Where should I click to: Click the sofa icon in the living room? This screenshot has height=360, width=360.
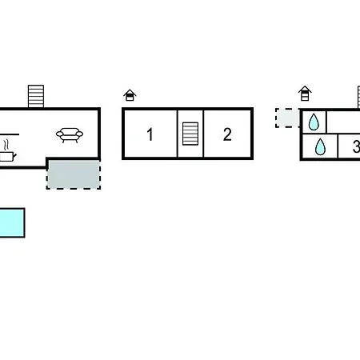tap(70, 135)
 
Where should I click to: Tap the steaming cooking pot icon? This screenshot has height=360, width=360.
tap(7, 156)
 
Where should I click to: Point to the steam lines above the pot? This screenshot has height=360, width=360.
tap(6, 145)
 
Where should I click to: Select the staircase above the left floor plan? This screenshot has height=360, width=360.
tap(36, 96)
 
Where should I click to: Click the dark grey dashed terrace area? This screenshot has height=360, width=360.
tap(74, 174)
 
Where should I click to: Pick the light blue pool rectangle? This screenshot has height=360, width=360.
tap(12, 222)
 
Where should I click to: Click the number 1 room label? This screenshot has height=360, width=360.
tap(150, 134)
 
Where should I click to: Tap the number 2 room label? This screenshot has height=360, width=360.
tap(227, 134)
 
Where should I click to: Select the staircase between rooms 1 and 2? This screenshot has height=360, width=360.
tap(190, 134)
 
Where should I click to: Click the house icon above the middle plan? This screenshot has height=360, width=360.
tap(130, 95)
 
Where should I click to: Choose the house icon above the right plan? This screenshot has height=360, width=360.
tap(305, 94)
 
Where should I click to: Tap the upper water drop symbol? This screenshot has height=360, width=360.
tap(314, 122)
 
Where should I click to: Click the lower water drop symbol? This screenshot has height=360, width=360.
tap(320, 146)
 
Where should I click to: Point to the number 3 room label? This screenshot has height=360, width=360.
tap(357, 146)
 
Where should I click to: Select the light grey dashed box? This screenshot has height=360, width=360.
tap(287, 118)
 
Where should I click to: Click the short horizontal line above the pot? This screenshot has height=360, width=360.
tap(10, 134)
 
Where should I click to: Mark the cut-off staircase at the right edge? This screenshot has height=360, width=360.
tap(358, 97)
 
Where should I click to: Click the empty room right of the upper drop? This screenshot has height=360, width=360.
tap(343, 122)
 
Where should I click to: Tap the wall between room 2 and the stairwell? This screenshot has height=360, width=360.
tap(203, 134)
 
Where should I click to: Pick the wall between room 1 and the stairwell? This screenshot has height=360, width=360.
tap(178, 134)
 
